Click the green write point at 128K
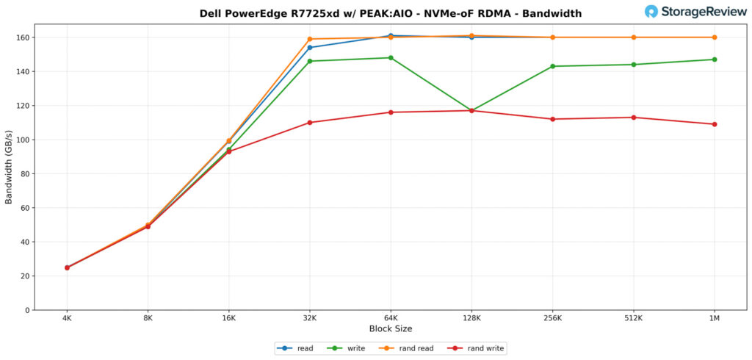point(471,111)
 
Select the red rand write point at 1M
point(715,124)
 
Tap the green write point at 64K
point(391,58)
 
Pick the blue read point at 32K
point(310,48)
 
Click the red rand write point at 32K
point(310,123)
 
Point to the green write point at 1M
point(715,60)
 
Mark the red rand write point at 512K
point(634,118)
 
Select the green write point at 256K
point(552,66)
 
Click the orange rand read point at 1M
point(715,37)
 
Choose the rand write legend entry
point(478,348)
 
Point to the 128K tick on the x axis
point(471,318)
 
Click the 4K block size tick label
point(67,318)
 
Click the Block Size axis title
point(390,328)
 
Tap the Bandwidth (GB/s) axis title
point(10,167)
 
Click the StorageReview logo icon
point(651,11)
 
